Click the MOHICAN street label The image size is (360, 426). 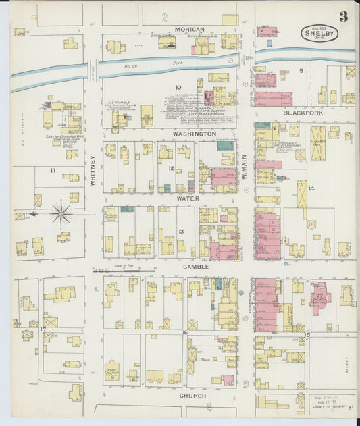(x=189, y=30)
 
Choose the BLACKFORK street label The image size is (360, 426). (x=303, y=113)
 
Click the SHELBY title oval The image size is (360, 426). (x=317, y=33)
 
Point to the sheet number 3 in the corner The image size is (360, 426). (x=344, y=16)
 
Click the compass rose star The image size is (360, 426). (x=61, y=215)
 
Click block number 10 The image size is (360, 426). (x=178, y=88)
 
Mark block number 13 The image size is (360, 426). (x=181, y=232)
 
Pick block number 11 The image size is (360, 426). (x=51, y=171)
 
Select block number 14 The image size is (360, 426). (x=311, y=189)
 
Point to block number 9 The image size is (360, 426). (x=301, y=70)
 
